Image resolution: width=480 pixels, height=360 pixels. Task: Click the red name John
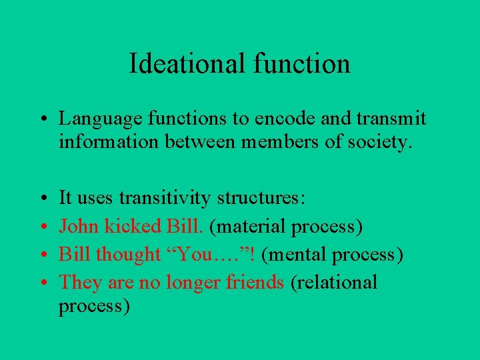tap(76, 226)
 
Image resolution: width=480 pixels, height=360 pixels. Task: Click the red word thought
tap(129, 254)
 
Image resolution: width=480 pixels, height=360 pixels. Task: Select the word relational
tap(337, 282)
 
